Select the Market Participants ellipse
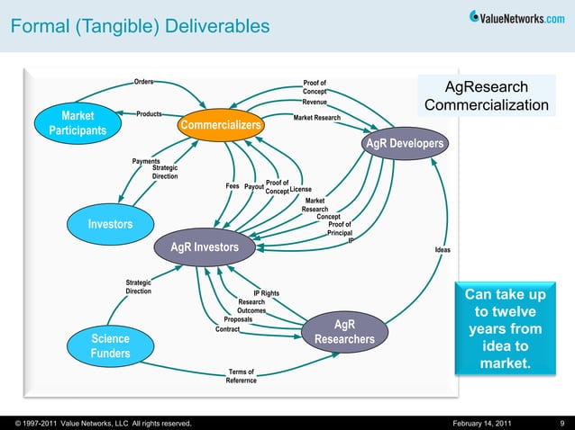coord(78,123)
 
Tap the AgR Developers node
coord(403,145)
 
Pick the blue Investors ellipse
coord(110,224)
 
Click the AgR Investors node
coord(205,246)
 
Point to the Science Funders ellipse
coord(109,346)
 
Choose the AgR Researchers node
coord(343,332)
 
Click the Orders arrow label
coord(143,82)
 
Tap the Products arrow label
coord(149,114)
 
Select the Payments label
coord(146,161)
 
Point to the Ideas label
coord(443,249)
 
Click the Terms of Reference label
coord(241,376)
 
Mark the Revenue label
coord(315,103)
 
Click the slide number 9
coord(561,422)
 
